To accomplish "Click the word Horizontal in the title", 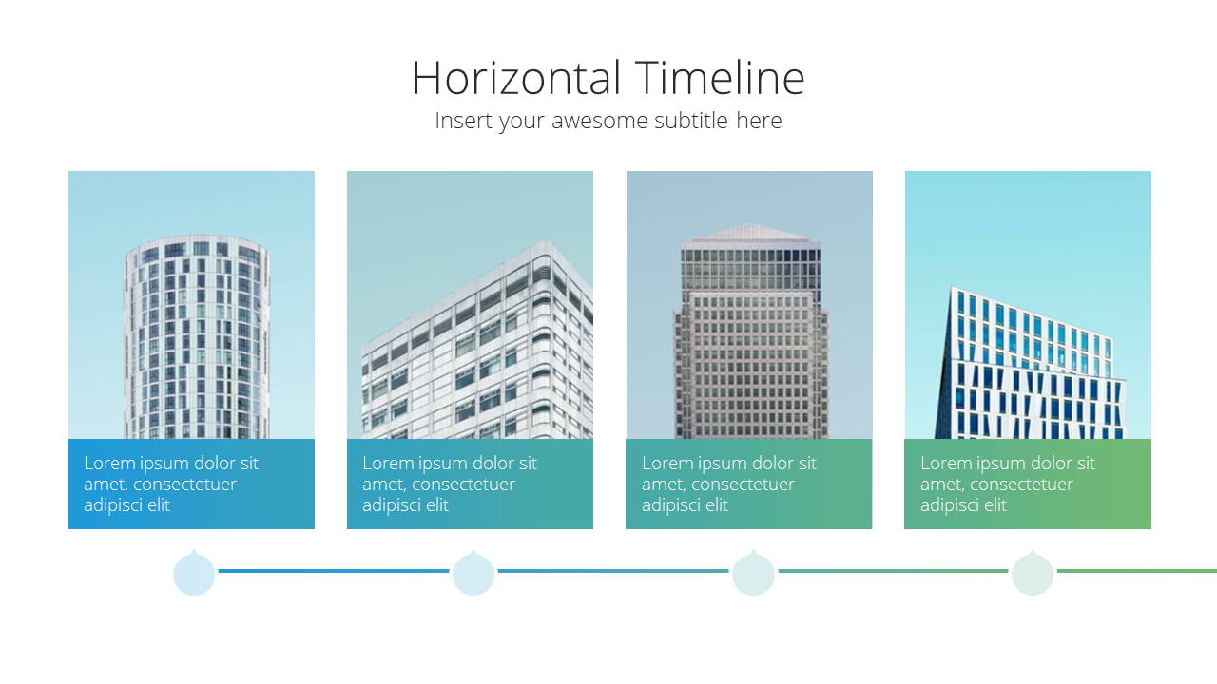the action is click(x=516, y=78).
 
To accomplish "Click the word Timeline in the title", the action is click(x=720, y=78).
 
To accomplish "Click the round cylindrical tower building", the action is click(x=197, y=336).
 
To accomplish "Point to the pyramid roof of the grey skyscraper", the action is click(x=750, y=233).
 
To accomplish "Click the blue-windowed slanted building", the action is click(x=1030, y=364).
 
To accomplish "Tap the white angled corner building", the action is click(x=478, y=348).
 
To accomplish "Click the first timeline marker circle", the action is click(x=194, y=573).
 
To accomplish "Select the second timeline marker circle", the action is click(x=473, y=573).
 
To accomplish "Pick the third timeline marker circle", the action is click(x=753, y=573).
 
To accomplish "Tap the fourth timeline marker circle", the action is click(x=1033, y=573).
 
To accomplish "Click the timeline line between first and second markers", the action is click(x=334, y=571).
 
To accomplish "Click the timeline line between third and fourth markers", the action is click(x=893, y=571).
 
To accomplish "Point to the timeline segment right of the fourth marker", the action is click(x=1137, y=571).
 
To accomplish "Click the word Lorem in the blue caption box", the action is click(x=109, y=463).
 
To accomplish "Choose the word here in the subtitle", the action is click(x=759, y=120).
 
